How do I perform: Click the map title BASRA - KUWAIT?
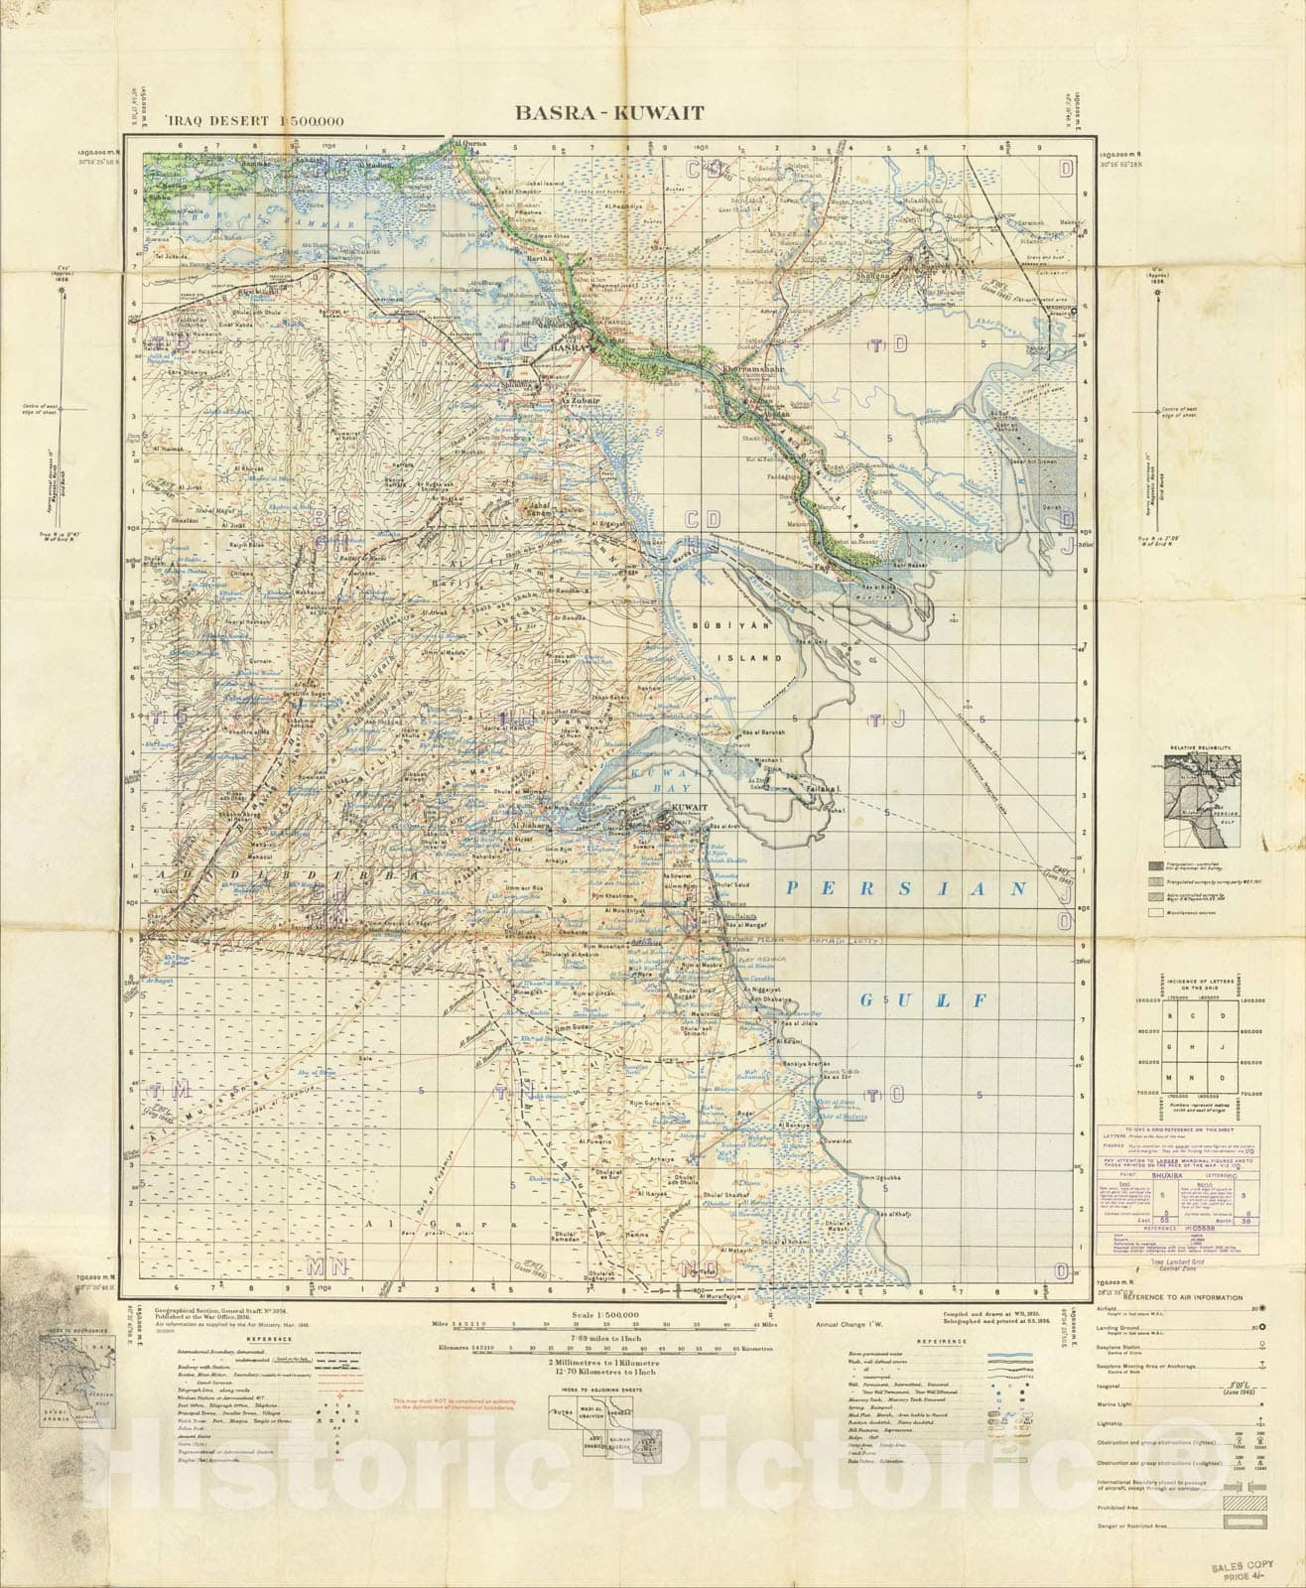608,112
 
